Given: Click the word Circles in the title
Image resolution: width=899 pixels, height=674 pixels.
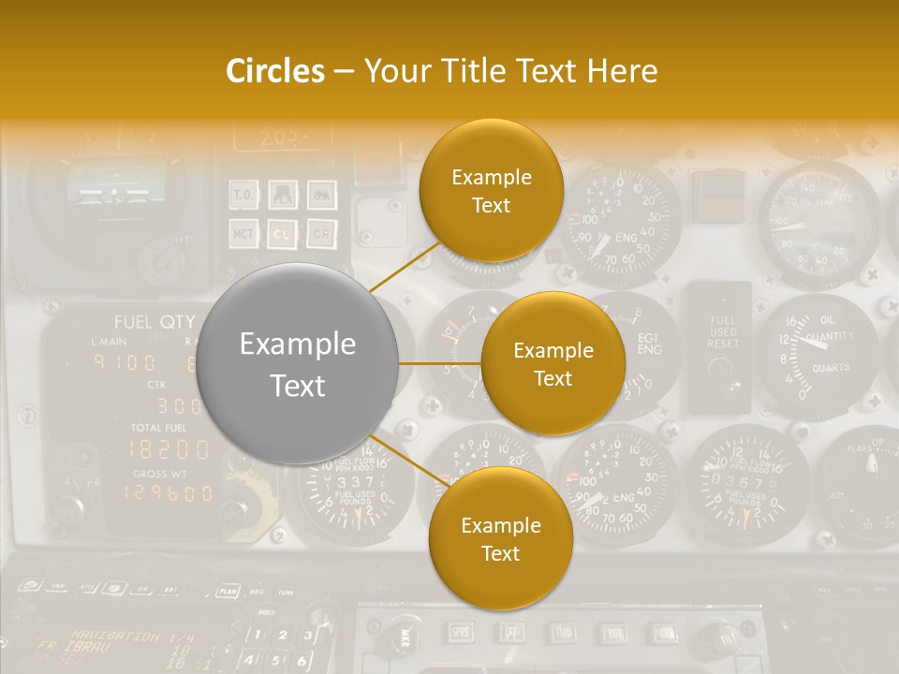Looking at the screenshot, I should [x=275, y=71].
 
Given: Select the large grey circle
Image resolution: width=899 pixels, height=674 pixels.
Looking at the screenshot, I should [x=297, y=364].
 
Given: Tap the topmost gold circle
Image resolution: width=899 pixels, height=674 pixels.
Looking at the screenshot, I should [x=491, y=190].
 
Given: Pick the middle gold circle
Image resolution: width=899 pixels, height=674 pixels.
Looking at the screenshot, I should [x=553, y=363].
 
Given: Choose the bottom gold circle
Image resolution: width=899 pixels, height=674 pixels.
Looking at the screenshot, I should [x=500, y=538].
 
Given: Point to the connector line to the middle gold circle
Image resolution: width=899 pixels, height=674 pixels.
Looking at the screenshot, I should [x=440, y=363].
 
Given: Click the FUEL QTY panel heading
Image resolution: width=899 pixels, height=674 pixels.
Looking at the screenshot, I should [x=154, y=322].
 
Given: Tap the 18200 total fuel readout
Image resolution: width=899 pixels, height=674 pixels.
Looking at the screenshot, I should [x=169, y=448].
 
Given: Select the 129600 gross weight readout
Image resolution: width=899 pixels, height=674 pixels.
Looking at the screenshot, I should [x=169, y=492].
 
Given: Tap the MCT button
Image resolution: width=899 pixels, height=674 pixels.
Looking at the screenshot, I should [x=244, y=233].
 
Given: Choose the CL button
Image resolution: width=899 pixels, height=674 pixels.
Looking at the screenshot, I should [x=283, y=233].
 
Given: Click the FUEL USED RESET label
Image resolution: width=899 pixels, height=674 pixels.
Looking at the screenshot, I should [x=723, y=332].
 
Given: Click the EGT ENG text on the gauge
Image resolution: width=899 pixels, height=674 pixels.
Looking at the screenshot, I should [x=648, y=344].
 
